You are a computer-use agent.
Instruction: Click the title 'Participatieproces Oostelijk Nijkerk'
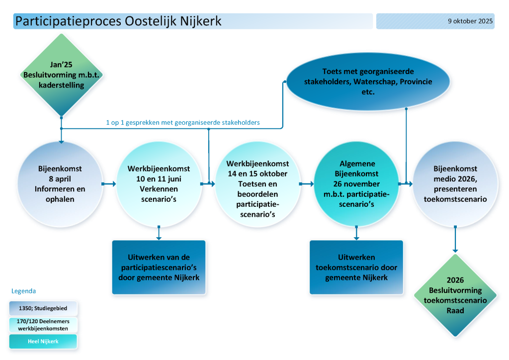pos(118,21)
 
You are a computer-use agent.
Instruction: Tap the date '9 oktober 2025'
pos(470,21)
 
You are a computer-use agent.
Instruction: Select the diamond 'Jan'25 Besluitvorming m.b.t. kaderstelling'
pos(61,75)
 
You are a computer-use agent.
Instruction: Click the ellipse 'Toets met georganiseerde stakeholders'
pos(368,82)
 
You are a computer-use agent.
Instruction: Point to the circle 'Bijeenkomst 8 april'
pos(60,184)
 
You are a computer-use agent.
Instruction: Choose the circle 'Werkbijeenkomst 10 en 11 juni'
pos(159,184)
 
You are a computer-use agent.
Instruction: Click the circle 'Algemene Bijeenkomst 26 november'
pos(357,184)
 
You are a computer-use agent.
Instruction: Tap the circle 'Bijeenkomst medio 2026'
pos(455,184)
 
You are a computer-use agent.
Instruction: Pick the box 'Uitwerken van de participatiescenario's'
pos(159,268)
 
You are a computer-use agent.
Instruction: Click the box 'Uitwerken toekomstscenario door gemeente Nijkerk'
pos(356,268)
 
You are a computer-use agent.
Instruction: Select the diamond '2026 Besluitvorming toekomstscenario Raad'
pos(455,295)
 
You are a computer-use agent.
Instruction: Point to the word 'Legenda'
pos(24,291)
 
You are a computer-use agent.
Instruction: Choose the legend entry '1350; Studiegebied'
pos(43,308)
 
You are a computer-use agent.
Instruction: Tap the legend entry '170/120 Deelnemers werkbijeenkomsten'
pos(43,325)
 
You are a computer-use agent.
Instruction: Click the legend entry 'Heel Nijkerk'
pos(43,341)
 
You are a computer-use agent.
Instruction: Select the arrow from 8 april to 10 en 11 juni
pos(108,184)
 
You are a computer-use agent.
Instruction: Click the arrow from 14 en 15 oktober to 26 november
pos(306,184)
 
